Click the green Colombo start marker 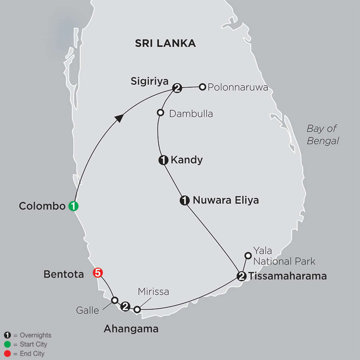point(74,206)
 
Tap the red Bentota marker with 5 point(98,273)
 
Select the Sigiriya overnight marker point(177,88)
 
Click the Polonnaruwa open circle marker point(203,86)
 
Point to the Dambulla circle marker point(160,113)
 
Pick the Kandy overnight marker point(163,160)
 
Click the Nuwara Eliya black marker point(184,201)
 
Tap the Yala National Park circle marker point(248,255)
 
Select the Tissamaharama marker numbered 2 point(241,276)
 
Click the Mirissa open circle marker point(137,309)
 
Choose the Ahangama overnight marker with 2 point(126,307)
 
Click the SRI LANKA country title point(165,43)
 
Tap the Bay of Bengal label point(322,135)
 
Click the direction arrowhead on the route point(119,117)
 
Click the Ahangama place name point(131,329)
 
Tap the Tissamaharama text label point(287,276)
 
